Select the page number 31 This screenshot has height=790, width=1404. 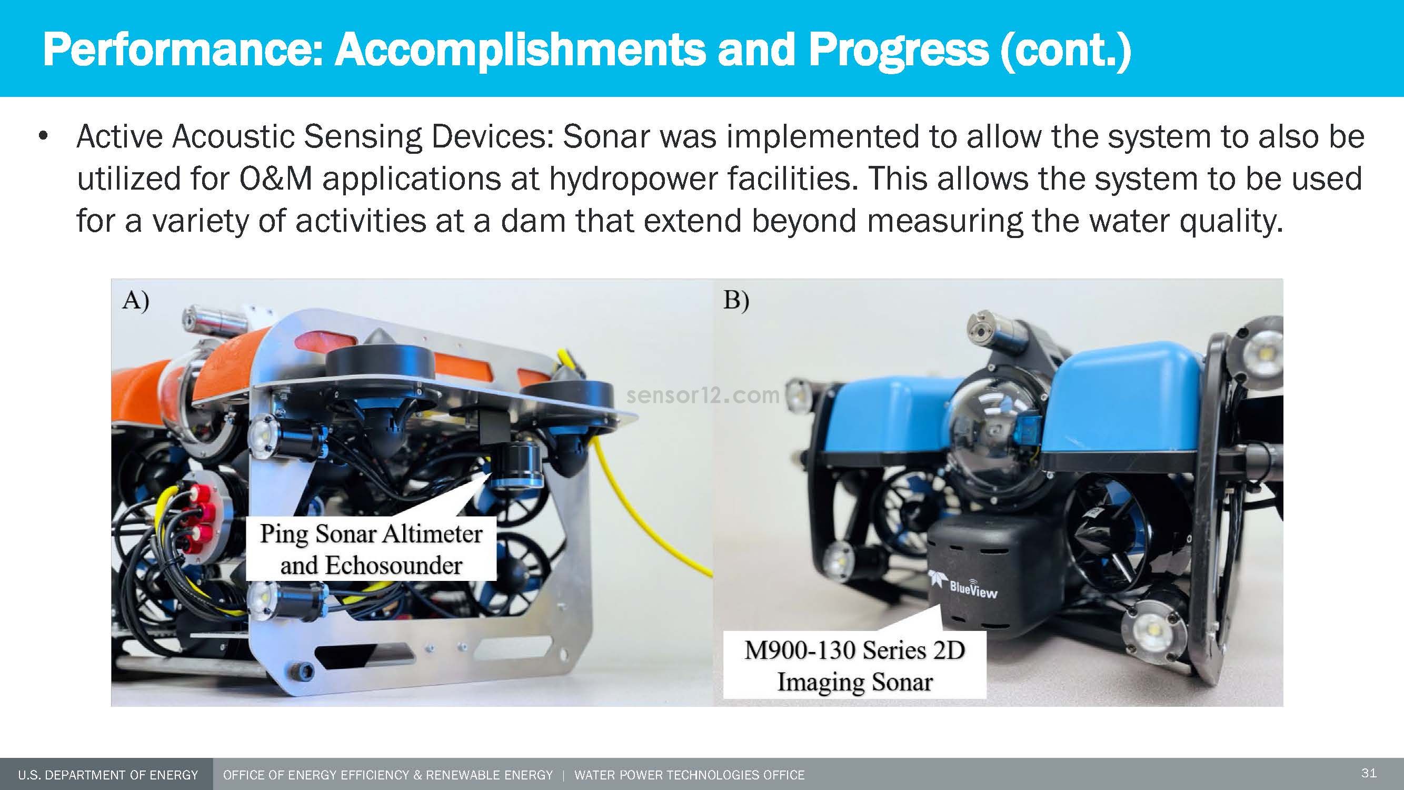[1369, 773]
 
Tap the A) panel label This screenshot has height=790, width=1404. [135, 300]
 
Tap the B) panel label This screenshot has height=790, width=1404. [736, 300]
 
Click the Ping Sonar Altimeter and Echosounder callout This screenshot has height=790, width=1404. [371, 548]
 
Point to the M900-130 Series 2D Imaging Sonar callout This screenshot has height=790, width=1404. [854, 666]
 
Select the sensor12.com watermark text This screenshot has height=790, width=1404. [703, 396]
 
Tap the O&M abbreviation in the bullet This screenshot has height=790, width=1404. [275, 179]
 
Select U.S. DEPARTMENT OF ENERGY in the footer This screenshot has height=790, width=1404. [108, 775]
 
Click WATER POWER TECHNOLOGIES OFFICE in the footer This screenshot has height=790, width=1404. [690, 775]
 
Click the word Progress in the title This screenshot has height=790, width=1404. [898, 50]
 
